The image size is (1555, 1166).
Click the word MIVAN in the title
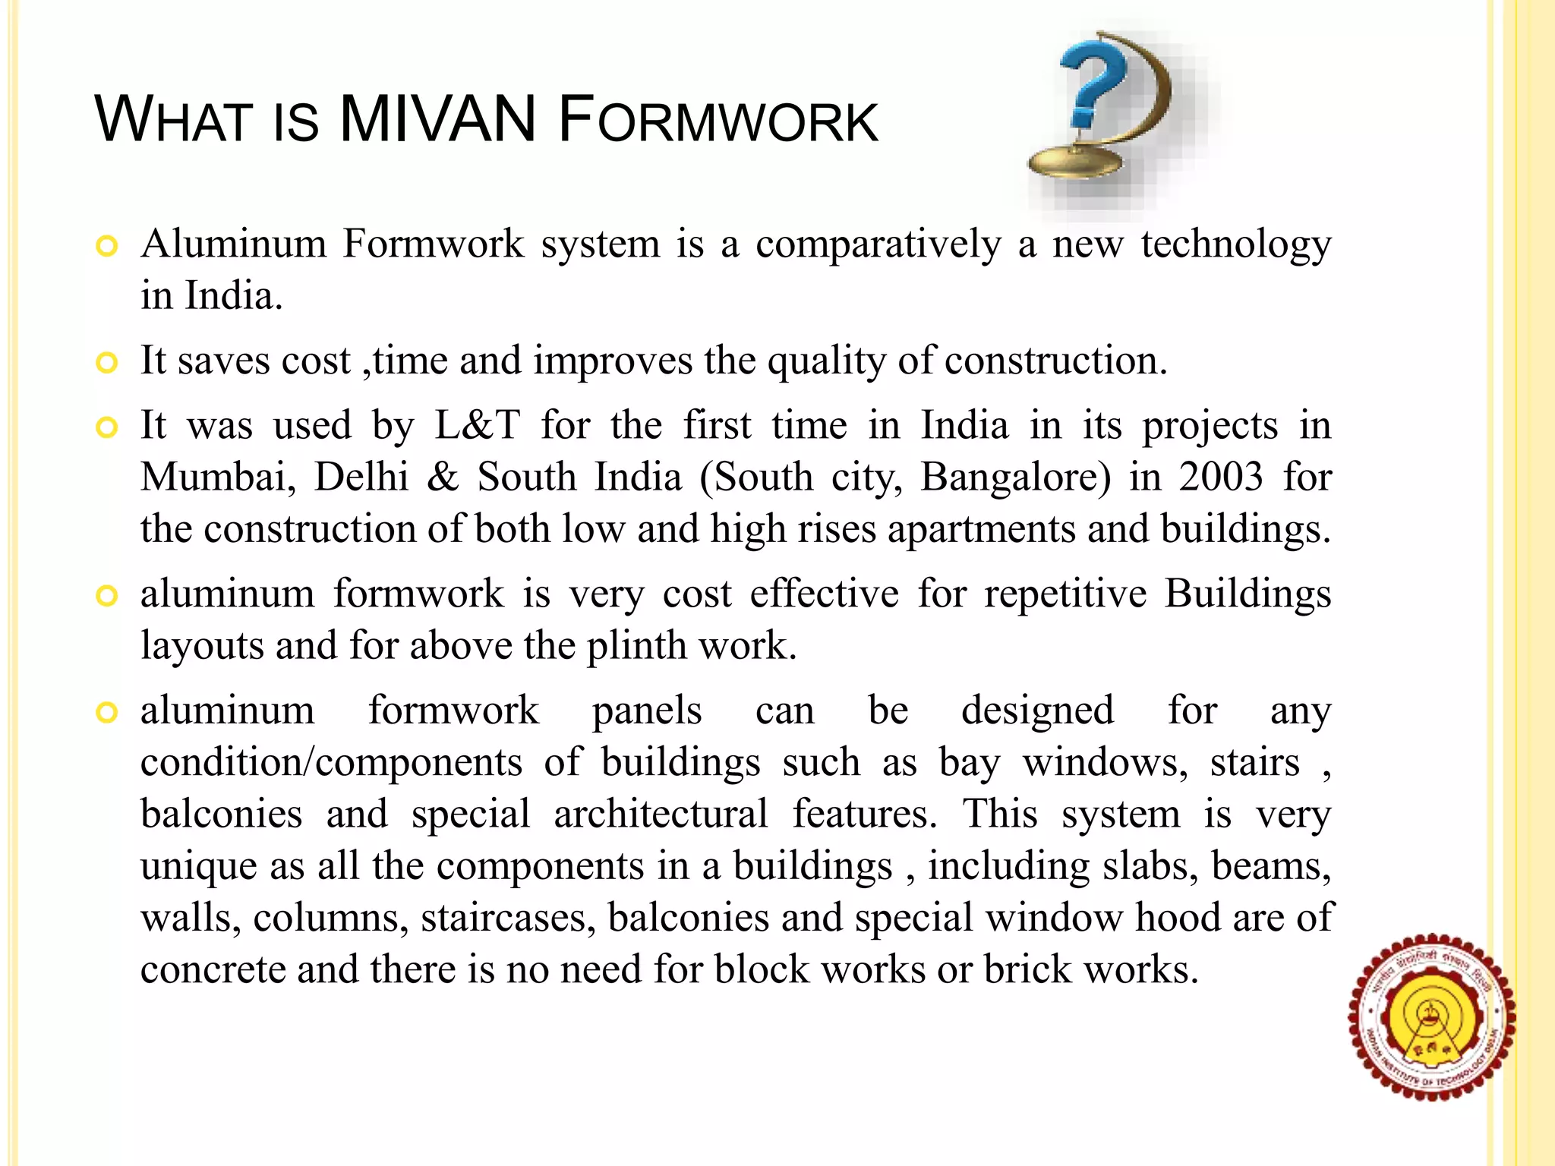pos(438,120)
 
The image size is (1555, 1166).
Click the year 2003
pos(1221,477)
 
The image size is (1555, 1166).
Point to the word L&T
pos(477,425)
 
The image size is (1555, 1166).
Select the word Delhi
pos(361,477)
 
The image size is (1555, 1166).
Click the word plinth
pos(636,646)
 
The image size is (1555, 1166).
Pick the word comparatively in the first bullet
pos(878,245)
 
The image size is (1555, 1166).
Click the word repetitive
pos(1065,594)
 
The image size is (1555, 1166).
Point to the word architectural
pos(661,815)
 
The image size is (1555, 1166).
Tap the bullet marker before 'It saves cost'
pos(107,362)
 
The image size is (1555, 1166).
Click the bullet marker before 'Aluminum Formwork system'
pos(107,246)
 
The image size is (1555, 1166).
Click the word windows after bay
pos(1105,763)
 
